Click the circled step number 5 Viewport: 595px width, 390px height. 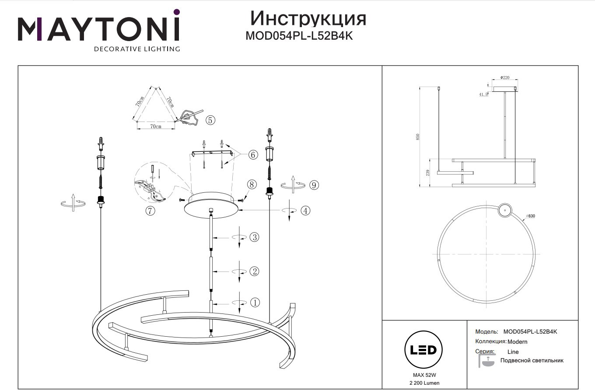coord(210,120)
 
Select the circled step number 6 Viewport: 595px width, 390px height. coord(253,155)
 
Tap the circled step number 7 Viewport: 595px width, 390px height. coord(150,211)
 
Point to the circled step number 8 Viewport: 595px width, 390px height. coord(252,185)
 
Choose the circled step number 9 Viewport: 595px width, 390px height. coord(314,185)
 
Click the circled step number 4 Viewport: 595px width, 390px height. coord(305,211)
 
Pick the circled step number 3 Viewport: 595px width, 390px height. coord(255,237)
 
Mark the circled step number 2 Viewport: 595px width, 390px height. coord(255,272)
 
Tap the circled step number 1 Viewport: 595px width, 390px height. coord(255,303)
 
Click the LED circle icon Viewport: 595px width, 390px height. coord(423,350)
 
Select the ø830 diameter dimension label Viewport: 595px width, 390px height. coord(530,216)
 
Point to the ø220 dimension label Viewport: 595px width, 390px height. coord(505,77)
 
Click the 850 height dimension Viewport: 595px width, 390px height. coord(417,137)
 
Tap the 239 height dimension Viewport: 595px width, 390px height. coord(428,173)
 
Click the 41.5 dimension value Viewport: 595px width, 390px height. coord(483,94)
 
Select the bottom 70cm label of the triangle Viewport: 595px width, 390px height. coord(156,126)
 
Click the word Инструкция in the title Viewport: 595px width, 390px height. coord(308,19)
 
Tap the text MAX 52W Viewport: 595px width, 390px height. coord(424,375)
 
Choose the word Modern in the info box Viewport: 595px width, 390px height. coord(518,341)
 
